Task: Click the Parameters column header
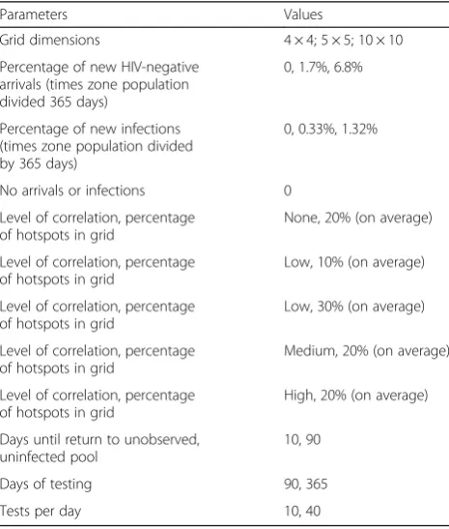point(34,15)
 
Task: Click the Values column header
point(303,15)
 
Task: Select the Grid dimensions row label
point(50,41)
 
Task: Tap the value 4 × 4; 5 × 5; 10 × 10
point(343,41)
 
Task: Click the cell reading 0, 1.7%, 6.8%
point(323,67)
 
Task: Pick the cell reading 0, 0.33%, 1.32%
point(330,129)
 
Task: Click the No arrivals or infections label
point(72,191)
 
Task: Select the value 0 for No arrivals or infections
point(288,191)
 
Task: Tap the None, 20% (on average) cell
point(358,218)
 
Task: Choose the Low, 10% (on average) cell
point(354,262)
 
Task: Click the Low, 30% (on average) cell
point(354,307)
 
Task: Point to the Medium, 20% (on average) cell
point(367,351)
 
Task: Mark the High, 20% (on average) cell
point(356,396)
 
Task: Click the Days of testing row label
point(45,485)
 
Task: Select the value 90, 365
point(306,485)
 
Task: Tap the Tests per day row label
point(41,512)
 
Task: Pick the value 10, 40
point(302,512)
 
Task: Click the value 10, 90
point(302,440)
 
